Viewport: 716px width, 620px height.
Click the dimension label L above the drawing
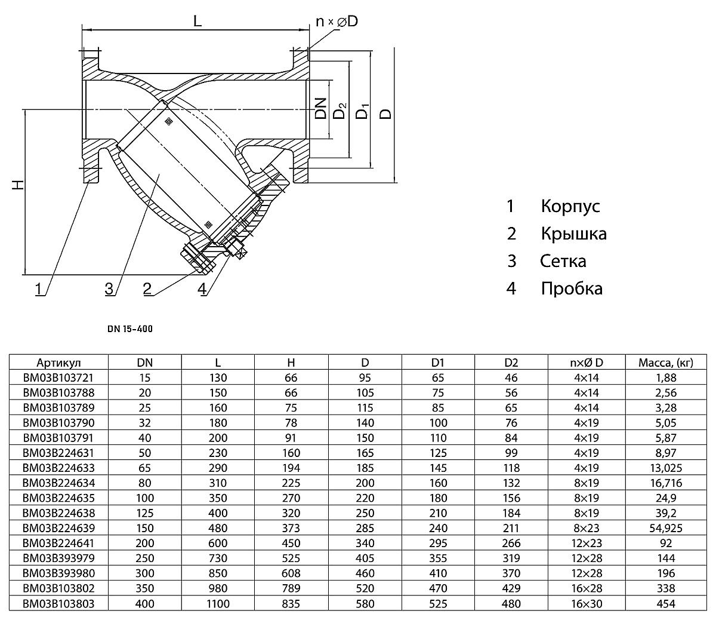click(x=198, y=21)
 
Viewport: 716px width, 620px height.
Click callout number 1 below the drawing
click(x=39, y=289)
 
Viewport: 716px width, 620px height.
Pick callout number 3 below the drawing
click(x=109, y=289)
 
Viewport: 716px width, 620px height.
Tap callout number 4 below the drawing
click(x=202, y=289)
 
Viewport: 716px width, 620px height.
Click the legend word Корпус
click(x=570, y=206)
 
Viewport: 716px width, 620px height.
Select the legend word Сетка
click(x=563, y=261)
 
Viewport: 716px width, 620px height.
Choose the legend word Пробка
click(x=572, y=288)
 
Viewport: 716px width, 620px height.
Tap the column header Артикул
click(x=58, y=363)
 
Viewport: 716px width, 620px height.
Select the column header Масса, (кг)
click(x=665, y=363)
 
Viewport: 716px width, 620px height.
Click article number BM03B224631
click(x=58, y=453)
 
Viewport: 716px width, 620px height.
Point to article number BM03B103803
click(x=58, y=603)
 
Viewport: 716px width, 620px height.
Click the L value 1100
click(x=218, y=603)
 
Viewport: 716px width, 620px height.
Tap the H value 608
click(x=291, y=573)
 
